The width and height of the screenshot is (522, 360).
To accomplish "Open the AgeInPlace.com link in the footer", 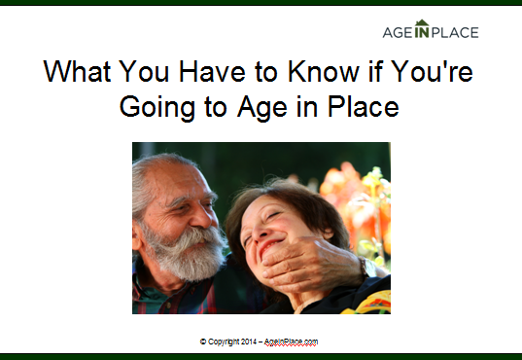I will [x=293, y=342].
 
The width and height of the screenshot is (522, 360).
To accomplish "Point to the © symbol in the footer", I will [x=202, y=342].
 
